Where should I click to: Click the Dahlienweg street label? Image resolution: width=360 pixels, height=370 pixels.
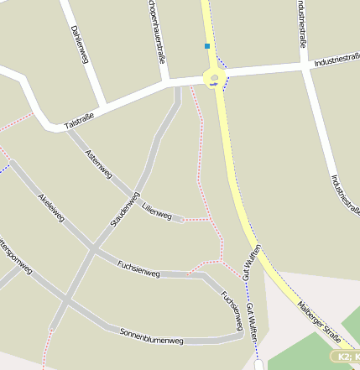(x=80, y=43)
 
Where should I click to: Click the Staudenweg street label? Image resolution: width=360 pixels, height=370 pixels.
(x=124, y=210)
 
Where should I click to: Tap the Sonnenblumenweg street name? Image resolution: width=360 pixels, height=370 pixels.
(x=151, y=336)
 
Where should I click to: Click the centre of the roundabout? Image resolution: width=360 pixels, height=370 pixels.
(x=215, y=80)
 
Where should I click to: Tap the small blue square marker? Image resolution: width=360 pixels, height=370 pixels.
(x=206, y=46)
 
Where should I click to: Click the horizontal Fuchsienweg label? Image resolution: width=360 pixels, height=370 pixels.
(x=138, y=268)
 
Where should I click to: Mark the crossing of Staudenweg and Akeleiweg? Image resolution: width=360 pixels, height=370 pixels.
(x=91, y=249)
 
